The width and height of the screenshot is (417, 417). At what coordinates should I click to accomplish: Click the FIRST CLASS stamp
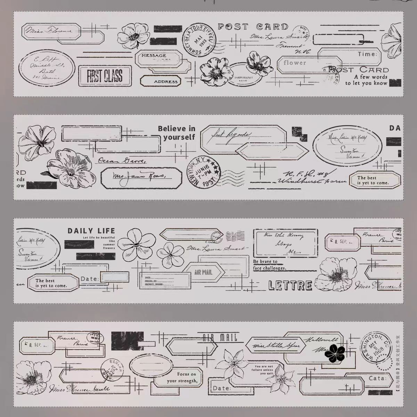[x=105, y=75]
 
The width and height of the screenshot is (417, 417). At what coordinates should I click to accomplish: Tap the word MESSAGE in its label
[x=154, y=56]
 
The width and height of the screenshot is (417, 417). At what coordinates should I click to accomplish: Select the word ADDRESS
[x=166, y=82]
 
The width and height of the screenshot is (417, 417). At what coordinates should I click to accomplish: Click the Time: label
[x=367, y=54]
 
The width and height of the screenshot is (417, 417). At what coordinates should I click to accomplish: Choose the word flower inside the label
[x=294, y=63]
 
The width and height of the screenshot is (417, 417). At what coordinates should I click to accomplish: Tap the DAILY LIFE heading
[x=91, y=231]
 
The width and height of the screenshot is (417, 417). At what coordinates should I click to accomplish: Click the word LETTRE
[x=291, y=286]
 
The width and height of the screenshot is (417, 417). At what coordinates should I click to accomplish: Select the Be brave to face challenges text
[x=270, y=265]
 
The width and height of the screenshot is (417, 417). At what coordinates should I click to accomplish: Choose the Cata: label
[x=377, y=378]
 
